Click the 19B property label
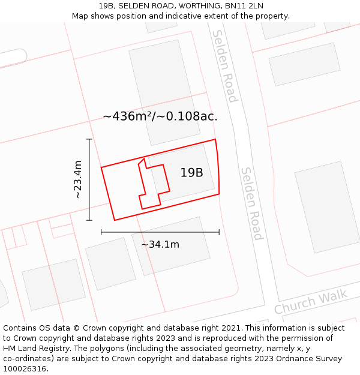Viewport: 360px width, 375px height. [x=191, y=173]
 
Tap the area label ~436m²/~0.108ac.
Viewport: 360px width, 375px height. [x=160, y=116]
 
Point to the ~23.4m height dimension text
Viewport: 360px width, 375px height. [x=77, y=179]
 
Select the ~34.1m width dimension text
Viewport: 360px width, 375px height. [x=160, y=244]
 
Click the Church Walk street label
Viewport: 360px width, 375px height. [x=311, y=302]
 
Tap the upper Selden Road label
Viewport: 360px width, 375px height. [x=225, y=66]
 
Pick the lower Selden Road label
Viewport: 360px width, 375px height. [x=251, y=203]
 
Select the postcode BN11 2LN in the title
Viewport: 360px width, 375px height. [x=244, y=6]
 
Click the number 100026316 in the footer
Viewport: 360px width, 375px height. [x=26, y=369]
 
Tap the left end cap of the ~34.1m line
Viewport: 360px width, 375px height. [x=101, y=232]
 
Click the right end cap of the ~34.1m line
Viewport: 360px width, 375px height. [x=219, y=232]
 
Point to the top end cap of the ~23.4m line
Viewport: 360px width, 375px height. [x=89, y=139]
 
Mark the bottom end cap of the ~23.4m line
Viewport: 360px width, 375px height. [x=89, y=220]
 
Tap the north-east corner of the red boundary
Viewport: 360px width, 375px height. [x=215, y=140]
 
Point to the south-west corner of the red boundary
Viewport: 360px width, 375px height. [x=115, y=220]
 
